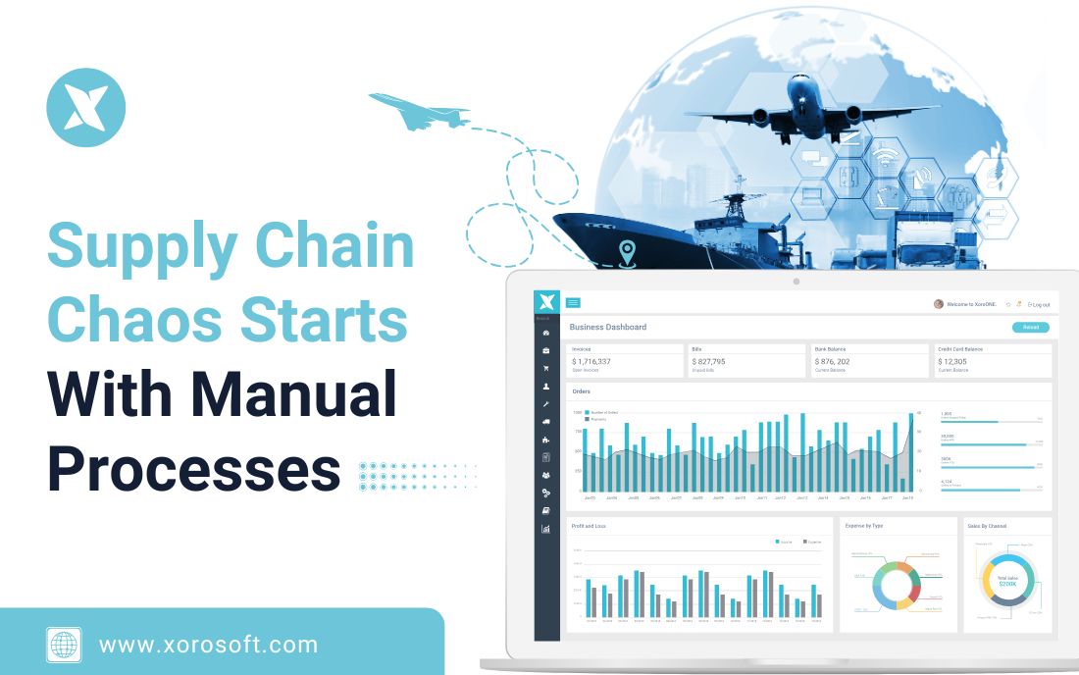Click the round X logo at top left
(86, 107)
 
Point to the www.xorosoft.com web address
(208, 645)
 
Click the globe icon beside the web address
(64, 645)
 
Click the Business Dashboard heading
(608, 327)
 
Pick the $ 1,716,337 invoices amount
(591, 361)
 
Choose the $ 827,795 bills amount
(708, 361)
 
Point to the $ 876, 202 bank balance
(832, 361)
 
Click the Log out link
(1038, 304)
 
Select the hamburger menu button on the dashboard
(573, 302)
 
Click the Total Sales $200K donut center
(1007, 581)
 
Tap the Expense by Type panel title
(864, 526)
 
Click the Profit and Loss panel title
(589, 526)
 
